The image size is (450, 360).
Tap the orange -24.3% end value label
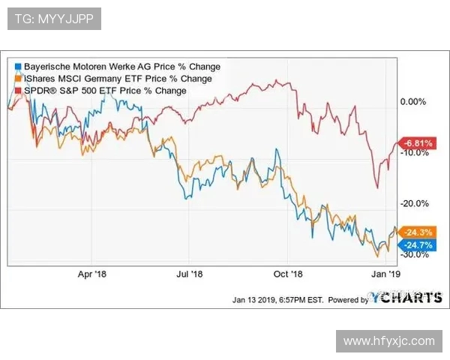[417, 232]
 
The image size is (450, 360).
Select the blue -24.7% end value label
[417, 244]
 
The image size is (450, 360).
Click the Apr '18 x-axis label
[93, 274]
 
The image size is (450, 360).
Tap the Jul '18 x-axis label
[189, 274]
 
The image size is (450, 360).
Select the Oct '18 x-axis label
[286, 274]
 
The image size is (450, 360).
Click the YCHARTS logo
[406, 298]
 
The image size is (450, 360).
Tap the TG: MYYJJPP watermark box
[54, 19]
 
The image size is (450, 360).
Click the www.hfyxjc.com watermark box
[388, 341]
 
